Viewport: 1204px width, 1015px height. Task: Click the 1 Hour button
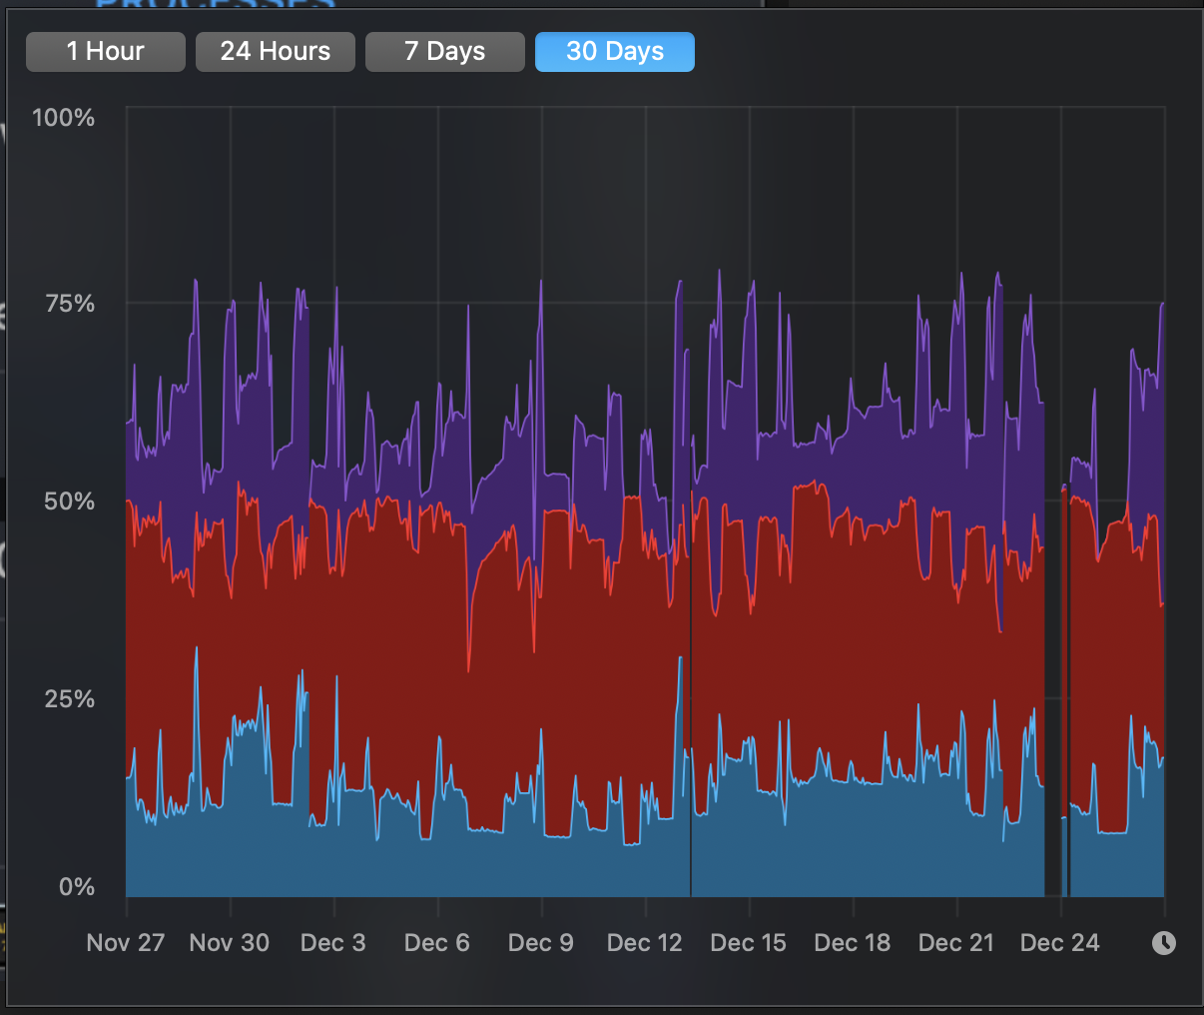tap(105, 52)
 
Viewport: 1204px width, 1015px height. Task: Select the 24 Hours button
tap(275, 52)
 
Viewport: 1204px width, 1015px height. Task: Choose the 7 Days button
tap(444, 52)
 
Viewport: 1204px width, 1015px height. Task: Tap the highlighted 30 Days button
tap(614, 52)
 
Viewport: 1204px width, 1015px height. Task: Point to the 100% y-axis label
tap(63, 118)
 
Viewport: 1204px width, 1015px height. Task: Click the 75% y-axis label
tap(70, 304)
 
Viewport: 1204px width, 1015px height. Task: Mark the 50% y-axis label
tap(70, 502)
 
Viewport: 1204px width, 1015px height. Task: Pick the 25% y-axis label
tap(70, 699)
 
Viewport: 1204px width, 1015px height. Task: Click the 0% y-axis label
tap(77, 887)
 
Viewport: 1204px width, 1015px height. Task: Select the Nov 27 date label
tap(125, 943)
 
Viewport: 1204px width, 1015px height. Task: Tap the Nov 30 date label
tap(229, 943)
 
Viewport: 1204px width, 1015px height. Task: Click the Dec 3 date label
tap(332, 943)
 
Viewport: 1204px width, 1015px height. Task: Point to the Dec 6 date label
tap(436, 943)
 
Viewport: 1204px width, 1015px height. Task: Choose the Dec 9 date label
tap(540, 943)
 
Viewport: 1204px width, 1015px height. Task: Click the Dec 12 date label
tap(644, 943)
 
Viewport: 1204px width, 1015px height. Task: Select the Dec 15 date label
tap(748, 943)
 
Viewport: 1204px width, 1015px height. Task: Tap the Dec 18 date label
tap(852, 943)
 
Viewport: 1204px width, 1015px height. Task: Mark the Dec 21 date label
tap(955, 943)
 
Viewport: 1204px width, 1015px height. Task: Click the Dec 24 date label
tap(1059, 943)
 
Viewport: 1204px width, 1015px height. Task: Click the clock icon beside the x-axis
tap(1163, 943)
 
